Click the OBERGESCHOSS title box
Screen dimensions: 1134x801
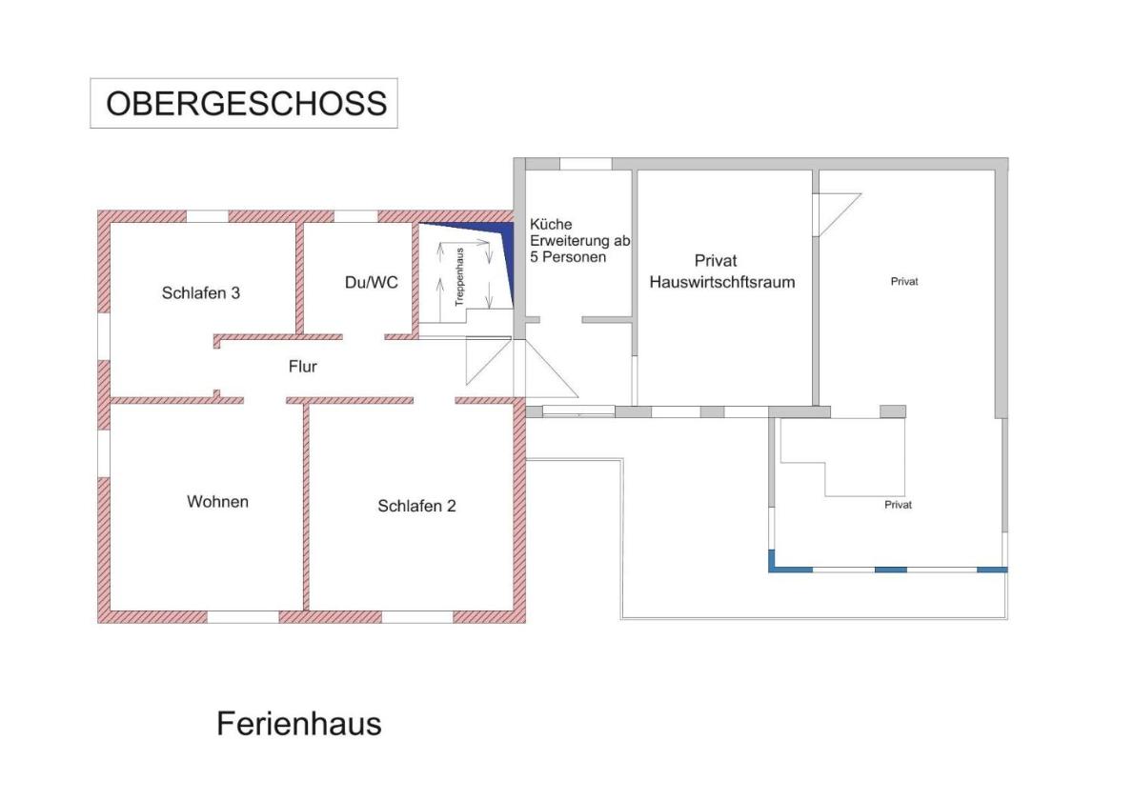coord(244,104)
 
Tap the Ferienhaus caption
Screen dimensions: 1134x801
coord(298,724)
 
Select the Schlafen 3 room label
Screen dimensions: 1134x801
coord(200,292)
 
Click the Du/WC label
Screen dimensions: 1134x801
coord(371,283)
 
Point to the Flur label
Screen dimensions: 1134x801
coord(302,367)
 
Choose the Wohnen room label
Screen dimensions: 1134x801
coord(217,502)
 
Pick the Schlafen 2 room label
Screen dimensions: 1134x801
coord(416,506)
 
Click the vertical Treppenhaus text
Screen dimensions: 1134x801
coord(459,277)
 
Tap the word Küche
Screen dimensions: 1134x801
coord(551,224)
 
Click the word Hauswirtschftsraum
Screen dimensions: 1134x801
coord(721,282)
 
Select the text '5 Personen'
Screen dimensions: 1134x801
coord(568,256)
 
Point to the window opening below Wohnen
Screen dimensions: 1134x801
coord(243,616)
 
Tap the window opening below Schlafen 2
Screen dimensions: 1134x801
coord(417,616)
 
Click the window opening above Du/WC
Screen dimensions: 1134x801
coord(355,216)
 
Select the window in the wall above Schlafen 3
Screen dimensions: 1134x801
coord(208,216)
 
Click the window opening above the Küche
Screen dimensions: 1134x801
coord(586,164)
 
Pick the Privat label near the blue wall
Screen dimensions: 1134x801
coord(898,505)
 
